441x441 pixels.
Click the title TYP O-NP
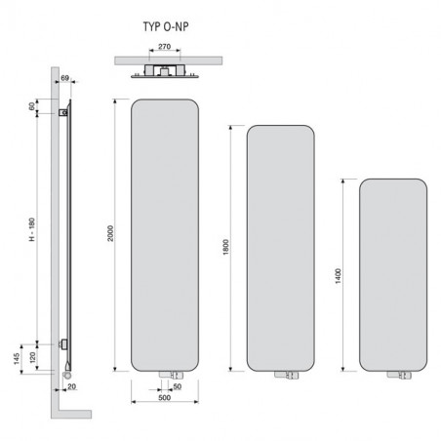point(166,26)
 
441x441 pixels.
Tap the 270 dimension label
point(164,47)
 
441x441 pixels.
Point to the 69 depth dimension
point(65,78)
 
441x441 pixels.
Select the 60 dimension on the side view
point(32,106)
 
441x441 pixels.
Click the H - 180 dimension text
point(32,229)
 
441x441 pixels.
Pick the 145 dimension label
point(17,358)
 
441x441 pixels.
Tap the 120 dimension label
point(32,357)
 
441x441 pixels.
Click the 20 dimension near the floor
point(71,386)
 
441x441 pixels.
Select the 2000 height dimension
point(110,233)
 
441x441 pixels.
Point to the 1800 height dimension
point(226,247)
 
